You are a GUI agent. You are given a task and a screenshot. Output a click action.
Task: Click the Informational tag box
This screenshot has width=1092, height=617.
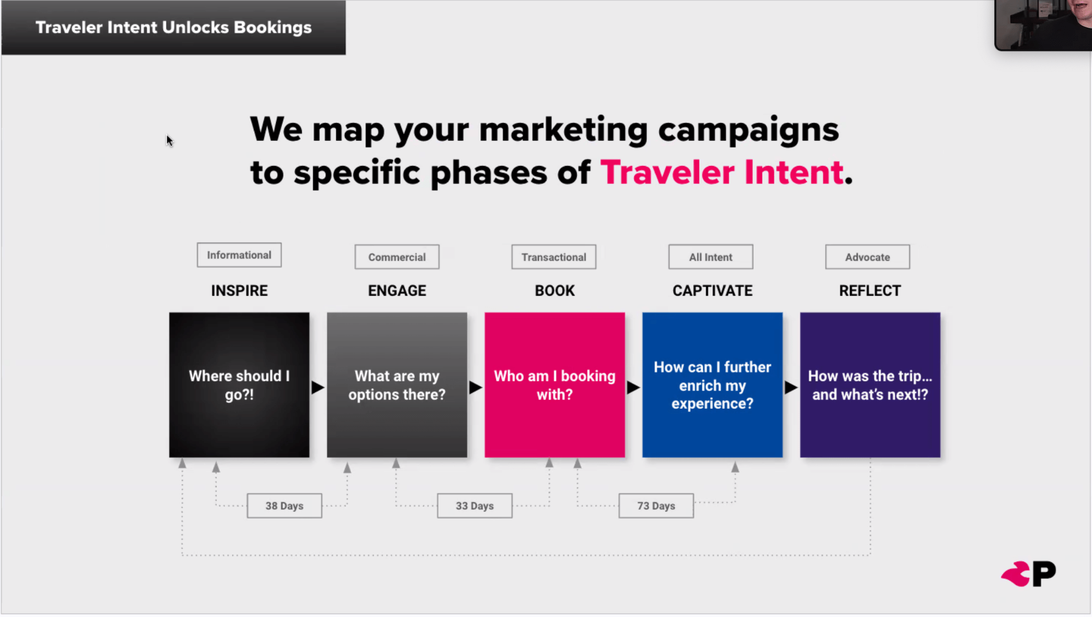coord(239,255)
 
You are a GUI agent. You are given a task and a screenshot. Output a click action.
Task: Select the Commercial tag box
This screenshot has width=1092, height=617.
coord(397,257)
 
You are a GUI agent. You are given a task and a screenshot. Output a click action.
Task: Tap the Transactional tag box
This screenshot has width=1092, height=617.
coord(553,257)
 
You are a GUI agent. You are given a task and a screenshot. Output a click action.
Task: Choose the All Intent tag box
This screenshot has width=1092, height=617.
coord(711,257)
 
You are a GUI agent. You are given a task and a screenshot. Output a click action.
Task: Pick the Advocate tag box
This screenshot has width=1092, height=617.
coord(868,257)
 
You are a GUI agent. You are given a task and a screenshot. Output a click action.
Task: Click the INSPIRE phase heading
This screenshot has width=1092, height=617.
coord(239,291)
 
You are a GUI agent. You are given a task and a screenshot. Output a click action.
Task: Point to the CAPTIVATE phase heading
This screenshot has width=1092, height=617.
coord(712,291)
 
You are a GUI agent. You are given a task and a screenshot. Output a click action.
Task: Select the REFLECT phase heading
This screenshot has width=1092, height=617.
coord(870,291)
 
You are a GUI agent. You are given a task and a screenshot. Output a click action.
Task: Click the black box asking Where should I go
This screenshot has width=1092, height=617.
coord(239,385)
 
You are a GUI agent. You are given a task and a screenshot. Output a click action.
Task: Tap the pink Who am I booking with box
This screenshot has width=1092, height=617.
coord(555,385)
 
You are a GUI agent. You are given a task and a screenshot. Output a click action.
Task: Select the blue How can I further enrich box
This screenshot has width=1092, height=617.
coord(712,385)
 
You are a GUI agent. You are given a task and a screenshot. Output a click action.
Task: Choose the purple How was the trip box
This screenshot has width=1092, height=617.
coord(870,385)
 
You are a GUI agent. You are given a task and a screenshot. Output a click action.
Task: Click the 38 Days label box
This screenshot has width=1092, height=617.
coord(284,506)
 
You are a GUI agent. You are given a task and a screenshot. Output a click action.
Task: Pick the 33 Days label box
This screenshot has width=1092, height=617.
coord(475,506)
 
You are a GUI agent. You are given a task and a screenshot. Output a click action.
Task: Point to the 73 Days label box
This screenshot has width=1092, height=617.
coord(656,506)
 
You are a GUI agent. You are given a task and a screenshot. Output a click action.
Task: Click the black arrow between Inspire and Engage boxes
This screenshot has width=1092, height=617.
coord(318,387)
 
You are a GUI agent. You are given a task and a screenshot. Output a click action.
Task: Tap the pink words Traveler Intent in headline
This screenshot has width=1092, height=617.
coord(722,173)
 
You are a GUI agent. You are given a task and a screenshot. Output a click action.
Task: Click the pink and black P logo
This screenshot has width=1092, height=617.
coord(1028,574)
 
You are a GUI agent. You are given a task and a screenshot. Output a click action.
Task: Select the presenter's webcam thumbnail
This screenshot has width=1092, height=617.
coord(1043,25)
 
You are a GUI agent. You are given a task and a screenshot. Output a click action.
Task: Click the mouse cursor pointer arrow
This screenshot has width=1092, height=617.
coord(170,141)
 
